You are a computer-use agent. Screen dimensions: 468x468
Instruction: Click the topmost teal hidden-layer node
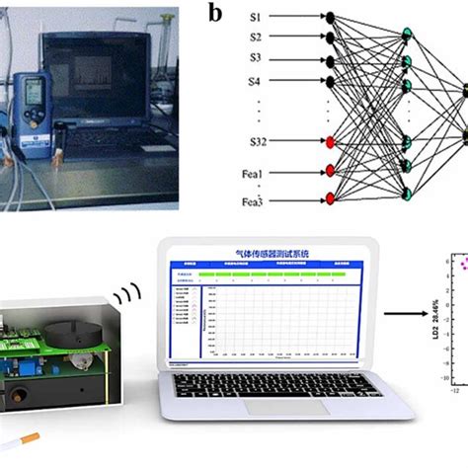[x=407, y=37]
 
